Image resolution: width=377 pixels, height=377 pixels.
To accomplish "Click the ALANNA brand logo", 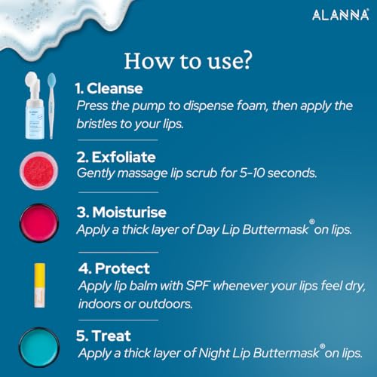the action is [341, 15].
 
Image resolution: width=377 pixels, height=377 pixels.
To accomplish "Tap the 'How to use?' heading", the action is [188, 61].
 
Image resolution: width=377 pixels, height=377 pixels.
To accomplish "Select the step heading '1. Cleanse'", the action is [109, 88].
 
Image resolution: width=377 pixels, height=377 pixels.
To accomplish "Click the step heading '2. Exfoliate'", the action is [116, 157].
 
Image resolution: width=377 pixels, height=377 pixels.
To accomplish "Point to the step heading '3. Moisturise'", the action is [121, 212].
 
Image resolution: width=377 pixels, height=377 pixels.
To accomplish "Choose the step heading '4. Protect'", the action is [114, 268].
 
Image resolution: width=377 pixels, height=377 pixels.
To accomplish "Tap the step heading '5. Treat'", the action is [103, 336].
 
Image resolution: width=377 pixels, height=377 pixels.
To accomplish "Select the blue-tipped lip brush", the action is [51, 106].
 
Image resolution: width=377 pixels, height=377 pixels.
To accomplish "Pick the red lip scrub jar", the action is [39, 170].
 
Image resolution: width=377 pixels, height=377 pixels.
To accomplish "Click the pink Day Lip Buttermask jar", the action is [39, 223].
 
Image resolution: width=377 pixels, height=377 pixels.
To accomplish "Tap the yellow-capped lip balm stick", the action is [40, 285].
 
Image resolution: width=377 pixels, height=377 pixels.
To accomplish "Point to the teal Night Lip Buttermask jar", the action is [39, 348].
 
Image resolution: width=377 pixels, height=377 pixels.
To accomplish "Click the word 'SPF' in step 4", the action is [198, 286].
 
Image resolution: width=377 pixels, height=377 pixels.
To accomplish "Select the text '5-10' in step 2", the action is [252, 173].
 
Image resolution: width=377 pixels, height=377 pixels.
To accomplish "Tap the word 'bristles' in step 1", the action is [97, 124].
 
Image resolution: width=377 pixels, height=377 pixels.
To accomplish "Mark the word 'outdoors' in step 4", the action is [165, 304].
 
